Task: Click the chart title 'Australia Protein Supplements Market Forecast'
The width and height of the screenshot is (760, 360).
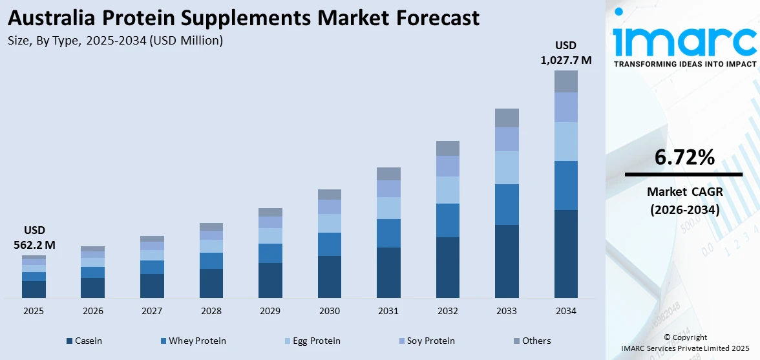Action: [x=244, y=17]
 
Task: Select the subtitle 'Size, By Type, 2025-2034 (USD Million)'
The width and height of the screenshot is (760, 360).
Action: [x=116, y=41]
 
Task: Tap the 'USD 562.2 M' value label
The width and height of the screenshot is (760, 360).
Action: [x=34, y=238]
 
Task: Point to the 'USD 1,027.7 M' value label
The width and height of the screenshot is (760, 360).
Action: [x=566, y=53]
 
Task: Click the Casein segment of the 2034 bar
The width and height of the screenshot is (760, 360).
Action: [x=566, y=253]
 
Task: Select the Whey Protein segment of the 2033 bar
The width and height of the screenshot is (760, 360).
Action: [x=507, y=204]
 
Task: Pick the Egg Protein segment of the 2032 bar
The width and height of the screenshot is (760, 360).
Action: [x=448, y=189]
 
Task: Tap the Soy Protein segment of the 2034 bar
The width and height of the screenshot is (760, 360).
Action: [x=566, y=107]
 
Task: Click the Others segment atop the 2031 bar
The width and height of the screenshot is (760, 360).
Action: [x=388, y=173]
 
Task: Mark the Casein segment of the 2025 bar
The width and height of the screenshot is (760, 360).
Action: [x=34, y=289]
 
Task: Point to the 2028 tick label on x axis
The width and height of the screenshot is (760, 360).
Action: [x=211, y=312]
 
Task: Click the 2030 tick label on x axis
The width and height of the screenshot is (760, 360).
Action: [x=330, y=312]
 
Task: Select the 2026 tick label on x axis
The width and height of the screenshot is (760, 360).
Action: [x=93, y=312]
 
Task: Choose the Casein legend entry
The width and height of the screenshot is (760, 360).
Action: [x=83, y=341]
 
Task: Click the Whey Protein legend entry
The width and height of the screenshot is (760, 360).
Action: [x=193, y=341]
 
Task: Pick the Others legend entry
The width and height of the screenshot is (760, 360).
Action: [x=532, y=341]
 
